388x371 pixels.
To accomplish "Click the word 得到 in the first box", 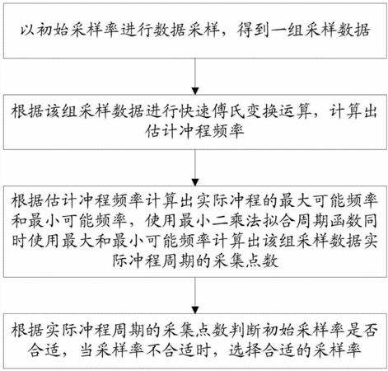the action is click(253, 30).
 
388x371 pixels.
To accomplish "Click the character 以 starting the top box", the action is click(28, 30).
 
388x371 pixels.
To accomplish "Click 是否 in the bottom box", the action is click(362, 330).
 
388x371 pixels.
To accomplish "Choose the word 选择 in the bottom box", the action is click(245, 350).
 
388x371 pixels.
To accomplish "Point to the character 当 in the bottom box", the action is click(87, 350).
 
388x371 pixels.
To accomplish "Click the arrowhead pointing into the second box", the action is click(195, 92).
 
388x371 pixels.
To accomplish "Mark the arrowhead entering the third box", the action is click(195, 182).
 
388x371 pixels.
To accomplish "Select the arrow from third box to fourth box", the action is click(195, 295).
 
